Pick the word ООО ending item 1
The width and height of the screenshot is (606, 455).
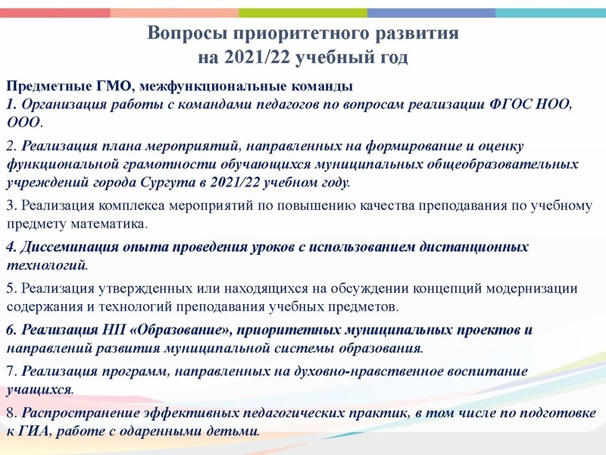(23, 121)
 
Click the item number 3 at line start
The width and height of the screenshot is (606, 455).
(10, 205)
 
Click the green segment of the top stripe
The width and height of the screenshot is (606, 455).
(303, 12)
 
